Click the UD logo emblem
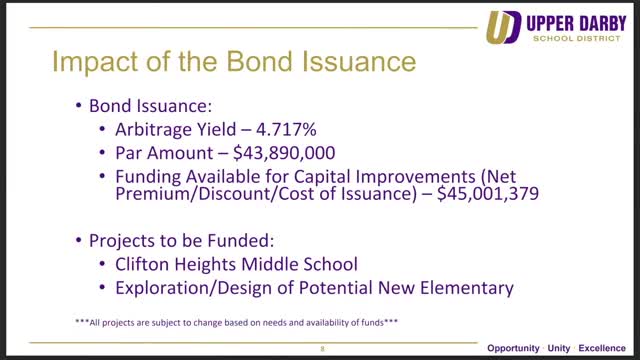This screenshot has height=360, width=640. (503, 27)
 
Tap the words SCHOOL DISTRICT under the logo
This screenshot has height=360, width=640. (576, 38)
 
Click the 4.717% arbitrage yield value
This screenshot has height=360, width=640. (286, 129)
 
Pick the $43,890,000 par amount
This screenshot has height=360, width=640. (284, 153)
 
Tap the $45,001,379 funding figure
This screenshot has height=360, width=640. (488, 193)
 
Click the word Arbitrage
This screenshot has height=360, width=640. (154, 130)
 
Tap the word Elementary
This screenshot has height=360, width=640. (467, 288)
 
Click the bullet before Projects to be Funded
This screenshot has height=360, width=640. (79, 240)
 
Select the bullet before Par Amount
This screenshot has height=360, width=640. (102, 153)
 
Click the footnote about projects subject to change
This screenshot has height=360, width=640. (236, 322)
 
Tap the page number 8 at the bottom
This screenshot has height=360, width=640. (322, 349)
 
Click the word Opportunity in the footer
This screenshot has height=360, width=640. (513, 348)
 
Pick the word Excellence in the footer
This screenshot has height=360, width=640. (602, 348)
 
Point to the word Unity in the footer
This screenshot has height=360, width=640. (559, 348)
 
